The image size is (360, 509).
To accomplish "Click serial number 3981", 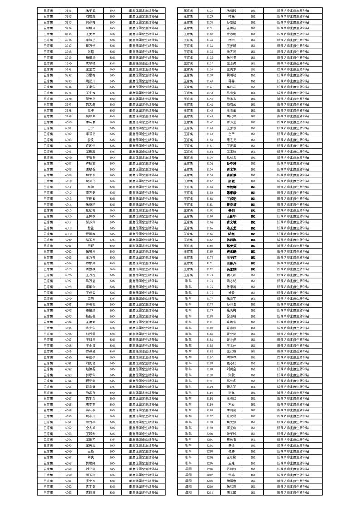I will tap(68, 10).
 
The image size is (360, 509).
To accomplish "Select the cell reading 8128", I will tap(210, 10).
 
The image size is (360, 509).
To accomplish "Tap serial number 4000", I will tap(68, 122).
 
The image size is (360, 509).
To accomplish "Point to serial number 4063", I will tap(68, 492).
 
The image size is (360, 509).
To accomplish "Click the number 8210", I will tap(210, 492).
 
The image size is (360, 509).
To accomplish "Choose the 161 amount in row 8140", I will tap(253, 81).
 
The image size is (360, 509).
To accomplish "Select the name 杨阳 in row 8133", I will tap(231, 39).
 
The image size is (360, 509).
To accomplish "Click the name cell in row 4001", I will tap(90, 128).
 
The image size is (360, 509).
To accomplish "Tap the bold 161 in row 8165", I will tap(253, 228).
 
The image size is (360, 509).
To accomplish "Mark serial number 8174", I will tap(210, 281).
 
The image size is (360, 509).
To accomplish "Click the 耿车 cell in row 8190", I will tap(188, 375).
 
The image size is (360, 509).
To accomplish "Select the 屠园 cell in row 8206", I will tap(188, 469).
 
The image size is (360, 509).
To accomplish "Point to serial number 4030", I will tap(68, 299).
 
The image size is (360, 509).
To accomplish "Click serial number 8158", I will tap(210, 187).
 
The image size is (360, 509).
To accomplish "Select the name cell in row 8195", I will tap(231, 404).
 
